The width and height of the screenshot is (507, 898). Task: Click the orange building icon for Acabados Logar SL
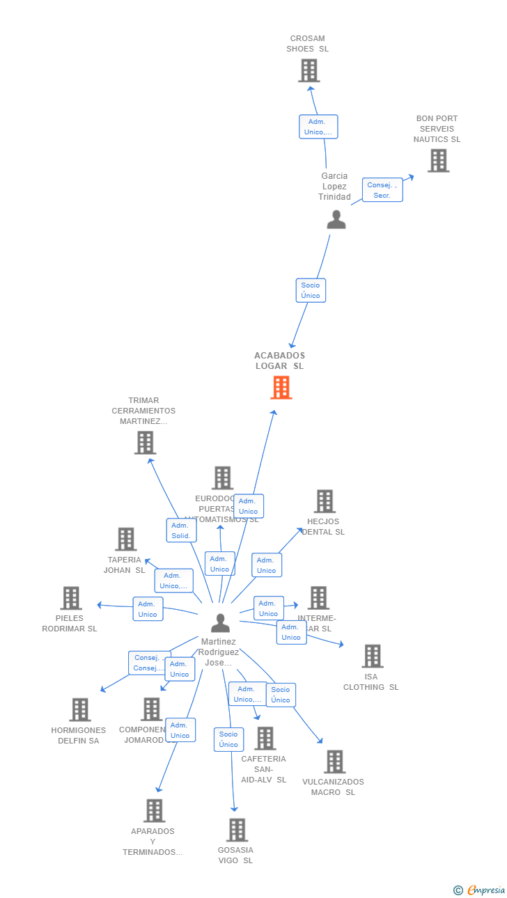pyautogui.click(x=281, y=388)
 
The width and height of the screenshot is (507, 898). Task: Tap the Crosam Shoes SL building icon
pyautogui.click(x=309, y=70)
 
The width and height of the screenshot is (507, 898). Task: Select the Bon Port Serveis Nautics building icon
pyautogui.click(x=438, y=161)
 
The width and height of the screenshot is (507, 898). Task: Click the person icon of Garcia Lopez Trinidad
pyautogui.click(x=336, y=219)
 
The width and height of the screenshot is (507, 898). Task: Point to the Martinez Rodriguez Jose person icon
pyautogui.click(x=220, y=622)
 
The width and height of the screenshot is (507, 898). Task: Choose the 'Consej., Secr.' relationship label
pyautogui.click(x=382, y=190)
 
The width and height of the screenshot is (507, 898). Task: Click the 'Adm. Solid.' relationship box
pyautogui.click(x=181, y=530)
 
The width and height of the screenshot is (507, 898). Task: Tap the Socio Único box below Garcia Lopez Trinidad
pyautogui.click(x=311, y=290)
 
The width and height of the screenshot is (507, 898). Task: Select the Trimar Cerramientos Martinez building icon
pyautogui.click(x=145, y=443)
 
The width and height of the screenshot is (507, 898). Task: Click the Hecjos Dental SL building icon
pyautogui.click(x=325, y=501)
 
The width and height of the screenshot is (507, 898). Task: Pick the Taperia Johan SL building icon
pyautogui.click(x=125, y=539)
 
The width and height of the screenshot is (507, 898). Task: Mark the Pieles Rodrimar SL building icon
pyautogui.click(x=71, y=598)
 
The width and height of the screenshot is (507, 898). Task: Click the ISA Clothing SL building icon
pyautogui.click(x=373, y=656)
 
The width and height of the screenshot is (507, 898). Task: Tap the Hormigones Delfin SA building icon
pyautogui.click(x=80, y=710)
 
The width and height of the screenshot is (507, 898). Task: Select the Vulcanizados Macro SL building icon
pyautogui.click(x=334, y=762)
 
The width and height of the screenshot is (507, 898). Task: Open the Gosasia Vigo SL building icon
pyautogui.click(x=237, y=830)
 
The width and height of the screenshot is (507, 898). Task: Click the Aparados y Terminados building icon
pyautogui.click(x=154, y=810)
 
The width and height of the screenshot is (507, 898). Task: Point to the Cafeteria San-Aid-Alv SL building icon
pyautogui.click(x=265, y=739)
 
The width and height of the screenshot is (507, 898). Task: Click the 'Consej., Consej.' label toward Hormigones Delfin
pyautogui.click(x=149, y=663)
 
